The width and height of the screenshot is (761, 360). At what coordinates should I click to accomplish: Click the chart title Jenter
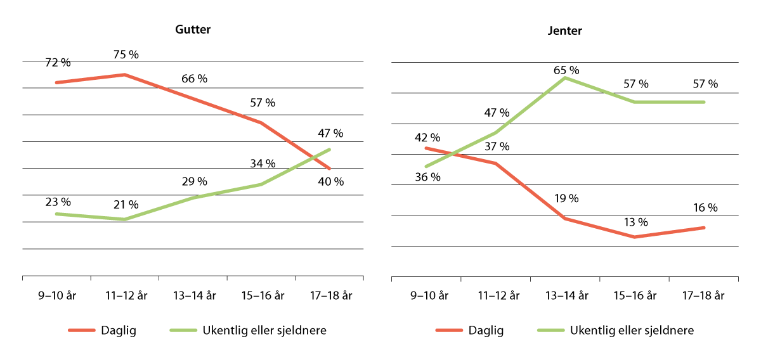pos(564,30)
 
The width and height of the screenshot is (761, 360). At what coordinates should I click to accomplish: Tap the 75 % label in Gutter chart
pos(126,55)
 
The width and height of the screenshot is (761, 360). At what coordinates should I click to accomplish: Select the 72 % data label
pos(58,63)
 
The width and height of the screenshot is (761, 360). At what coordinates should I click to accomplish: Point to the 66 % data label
pos(194,79)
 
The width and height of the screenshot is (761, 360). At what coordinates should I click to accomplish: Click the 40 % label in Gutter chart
pos(330,182)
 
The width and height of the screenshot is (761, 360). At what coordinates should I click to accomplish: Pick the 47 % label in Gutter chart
pos(330,133)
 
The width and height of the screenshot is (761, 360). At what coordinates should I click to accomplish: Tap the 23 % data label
pos(58,202)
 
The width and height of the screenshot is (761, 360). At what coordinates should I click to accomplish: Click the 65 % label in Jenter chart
pos(566,70)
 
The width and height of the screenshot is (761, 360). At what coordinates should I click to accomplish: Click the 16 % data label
pos(705,207)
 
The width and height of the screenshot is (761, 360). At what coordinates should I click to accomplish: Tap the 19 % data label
pos(566,198)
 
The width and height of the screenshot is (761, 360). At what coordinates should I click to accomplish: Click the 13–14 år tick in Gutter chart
pos(193,295)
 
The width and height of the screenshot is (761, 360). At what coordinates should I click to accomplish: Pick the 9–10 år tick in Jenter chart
pos(426,295)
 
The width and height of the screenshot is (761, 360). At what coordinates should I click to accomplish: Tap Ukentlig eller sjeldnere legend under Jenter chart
pos(632,330)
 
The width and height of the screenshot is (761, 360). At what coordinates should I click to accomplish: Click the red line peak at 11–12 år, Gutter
pos(125,75)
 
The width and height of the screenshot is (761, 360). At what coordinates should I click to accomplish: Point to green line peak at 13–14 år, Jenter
pos(565,78)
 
